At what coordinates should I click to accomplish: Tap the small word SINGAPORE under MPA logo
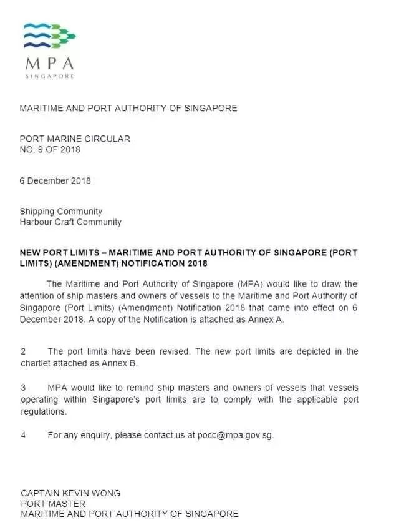click(x=50, y=76)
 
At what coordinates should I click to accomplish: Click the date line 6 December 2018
click(x=55, y=181)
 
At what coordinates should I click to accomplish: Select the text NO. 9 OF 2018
click(x=50, y=150)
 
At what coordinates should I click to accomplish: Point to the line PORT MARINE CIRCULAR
click(x=75, y=139)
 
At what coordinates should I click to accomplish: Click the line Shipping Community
click(x=61, y=212)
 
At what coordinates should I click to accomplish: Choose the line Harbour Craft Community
click(x=70, y=222)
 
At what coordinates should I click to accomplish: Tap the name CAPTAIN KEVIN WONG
click(x=70, y=493)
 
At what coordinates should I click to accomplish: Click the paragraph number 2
click(x=23, y=351)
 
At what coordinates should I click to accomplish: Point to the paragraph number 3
click(x=23, y=388)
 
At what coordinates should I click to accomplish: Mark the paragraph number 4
click(x=23, y=435)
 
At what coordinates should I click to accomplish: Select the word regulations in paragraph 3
click(x=44, y=411)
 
